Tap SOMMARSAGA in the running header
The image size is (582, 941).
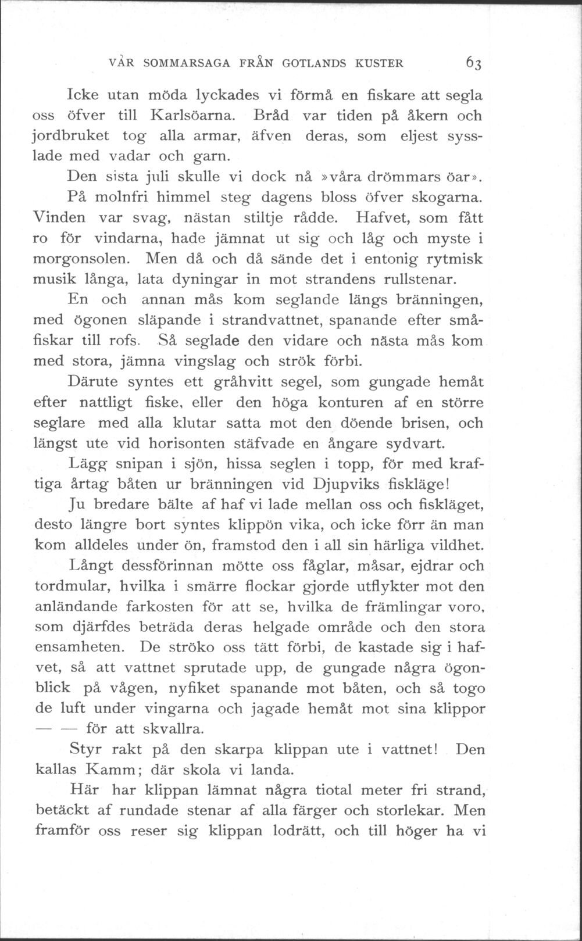point(178,62)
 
